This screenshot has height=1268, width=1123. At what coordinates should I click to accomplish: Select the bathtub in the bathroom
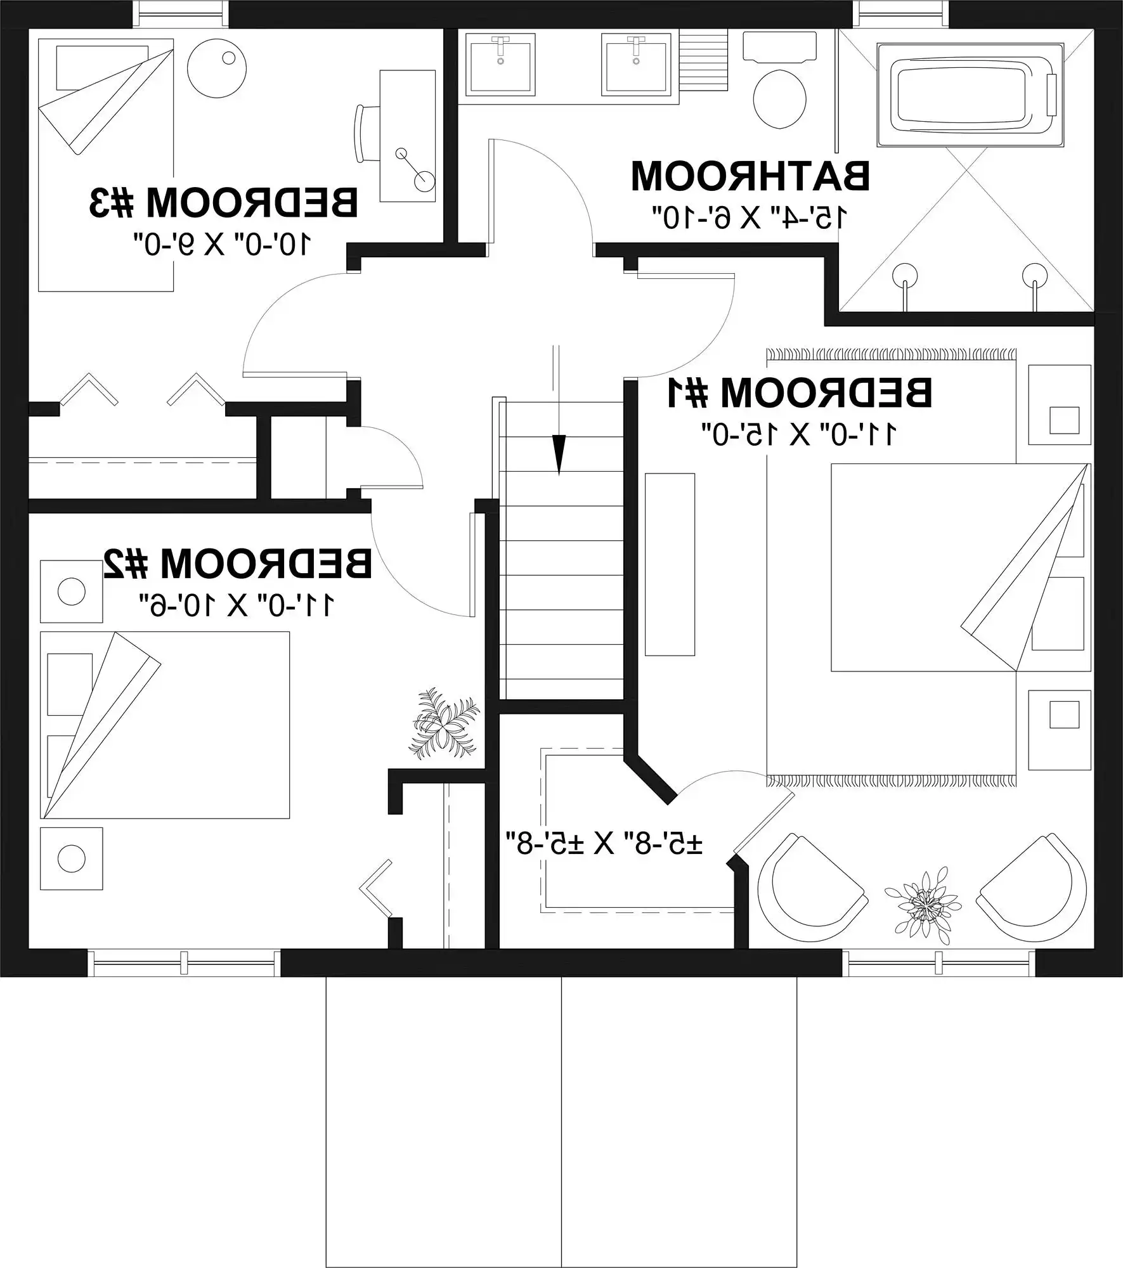pos(970,95)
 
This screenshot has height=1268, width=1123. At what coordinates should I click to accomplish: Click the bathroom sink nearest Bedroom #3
pos(500,63)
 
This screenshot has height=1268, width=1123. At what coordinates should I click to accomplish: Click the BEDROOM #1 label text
pos(799,393)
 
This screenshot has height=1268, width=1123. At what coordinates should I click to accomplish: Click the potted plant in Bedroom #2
pos(444,723)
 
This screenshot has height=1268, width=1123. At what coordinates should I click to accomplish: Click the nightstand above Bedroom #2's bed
pos(71,592)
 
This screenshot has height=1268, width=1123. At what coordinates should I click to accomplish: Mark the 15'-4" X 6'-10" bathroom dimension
pos(750,217)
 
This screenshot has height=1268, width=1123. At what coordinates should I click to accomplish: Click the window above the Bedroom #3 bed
pos(180,14)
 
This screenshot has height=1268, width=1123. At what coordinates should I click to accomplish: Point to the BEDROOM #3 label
pos(223,203)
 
